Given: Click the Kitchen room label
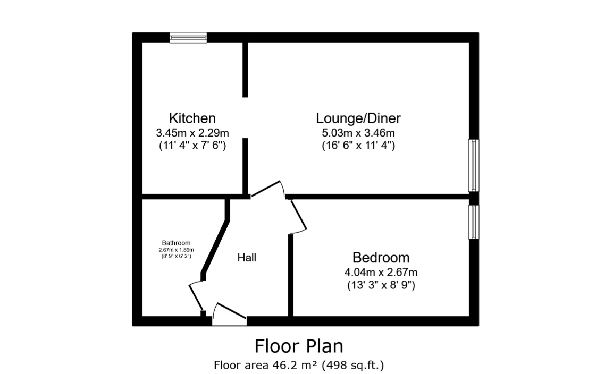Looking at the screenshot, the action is [192, 118].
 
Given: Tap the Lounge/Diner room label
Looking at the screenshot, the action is [358, 118].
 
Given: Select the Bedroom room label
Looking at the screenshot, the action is [381, 258].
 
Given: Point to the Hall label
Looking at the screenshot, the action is [247, 258].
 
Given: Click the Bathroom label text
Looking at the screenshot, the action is [177, 243].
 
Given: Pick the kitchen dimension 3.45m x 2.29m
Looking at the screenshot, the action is [192, 133].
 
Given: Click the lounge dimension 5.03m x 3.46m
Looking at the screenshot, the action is [358, 133].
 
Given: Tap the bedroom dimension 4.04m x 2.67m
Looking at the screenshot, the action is [381, 272].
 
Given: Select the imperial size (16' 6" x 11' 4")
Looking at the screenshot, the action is [358, 146].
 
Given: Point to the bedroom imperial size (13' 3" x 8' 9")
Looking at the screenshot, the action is [381, 285].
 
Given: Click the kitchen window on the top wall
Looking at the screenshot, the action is [188, 38].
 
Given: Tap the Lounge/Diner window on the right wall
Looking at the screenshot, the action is [474, 165].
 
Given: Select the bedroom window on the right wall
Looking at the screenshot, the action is [474, 222].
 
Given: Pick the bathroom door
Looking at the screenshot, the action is [196, 296].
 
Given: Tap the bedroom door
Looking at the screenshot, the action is [298, 216].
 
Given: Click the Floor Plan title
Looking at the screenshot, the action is [299, 346].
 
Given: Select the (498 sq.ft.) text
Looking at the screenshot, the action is [352, 365].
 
